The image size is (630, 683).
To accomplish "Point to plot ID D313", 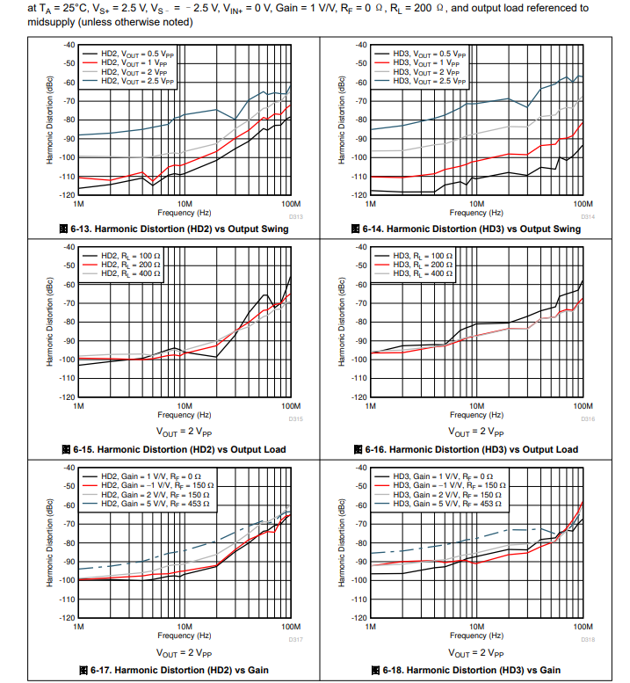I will point(295,216).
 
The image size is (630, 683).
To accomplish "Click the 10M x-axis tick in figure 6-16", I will point(476,407).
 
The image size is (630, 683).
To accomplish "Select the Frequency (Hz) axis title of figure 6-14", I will point(476,213).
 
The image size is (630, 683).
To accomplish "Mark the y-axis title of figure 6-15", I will point(50,322).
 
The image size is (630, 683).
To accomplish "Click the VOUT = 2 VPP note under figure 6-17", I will point(184,653).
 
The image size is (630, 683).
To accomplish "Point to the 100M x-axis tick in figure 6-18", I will point(583,627).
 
